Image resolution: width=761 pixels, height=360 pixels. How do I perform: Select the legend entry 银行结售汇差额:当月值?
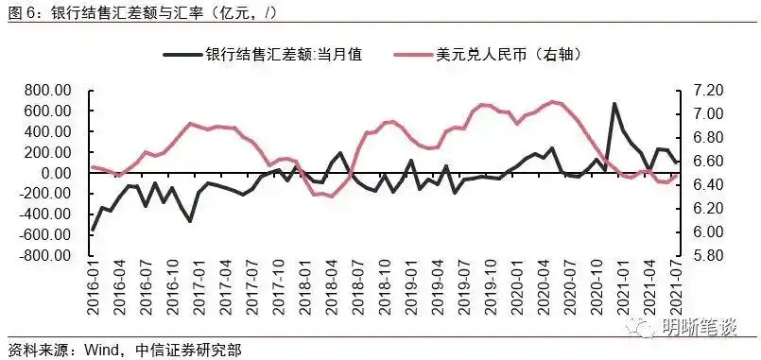click(x=284, y=54)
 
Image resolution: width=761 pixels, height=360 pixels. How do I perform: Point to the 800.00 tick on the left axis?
click(x=48, y=91)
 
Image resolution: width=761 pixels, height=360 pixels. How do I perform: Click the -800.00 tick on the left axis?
click(x=45, y=256)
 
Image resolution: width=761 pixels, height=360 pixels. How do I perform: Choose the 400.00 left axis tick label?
click(x=48, y=132)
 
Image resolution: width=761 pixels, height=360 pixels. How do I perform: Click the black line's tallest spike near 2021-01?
click(x=614, y=104)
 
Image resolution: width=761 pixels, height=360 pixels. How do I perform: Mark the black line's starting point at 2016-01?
click(x=93, y=230)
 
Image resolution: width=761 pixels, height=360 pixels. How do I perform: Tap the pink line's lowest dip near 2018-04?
click(x=330, y=197)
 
